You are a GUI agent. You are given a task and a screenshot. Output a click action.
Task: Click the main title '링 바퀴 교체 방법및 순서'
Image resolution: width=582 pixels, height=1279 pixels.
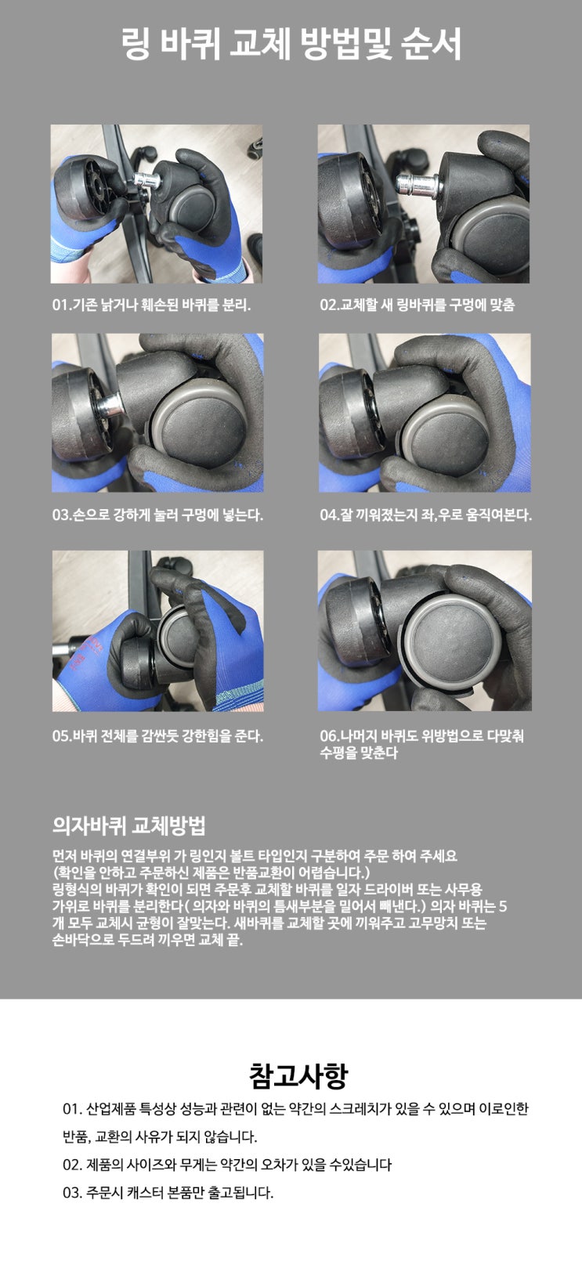point(291,45)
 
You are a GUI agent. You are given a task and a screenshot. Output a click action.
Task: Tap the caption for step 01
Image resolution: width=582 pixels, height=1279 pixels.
point(151,305)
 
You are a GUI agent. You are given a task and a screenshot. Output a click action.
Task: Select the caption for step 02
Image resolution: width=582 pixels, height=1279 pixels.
point(417,305)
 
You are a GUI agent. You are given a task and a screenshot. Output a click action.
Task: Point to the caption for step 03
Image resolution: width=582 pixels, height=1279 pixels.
point(157,515)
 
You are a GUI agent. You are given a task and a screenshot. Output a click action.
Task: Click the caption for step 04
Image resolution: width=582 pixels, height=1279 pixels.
point(425,515)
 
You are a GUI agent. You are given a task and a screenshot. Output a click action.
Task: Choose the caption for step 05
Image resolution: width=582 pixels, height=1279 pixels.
point(157,736)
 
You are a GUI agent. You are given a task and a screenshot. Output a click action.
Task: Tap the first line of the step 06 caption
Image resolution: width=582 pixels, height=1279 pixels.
point(421,736)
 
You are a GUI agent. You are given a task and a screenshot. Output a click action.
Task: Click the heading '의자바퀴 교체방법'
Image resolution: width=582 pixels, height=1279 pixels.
point(128,825)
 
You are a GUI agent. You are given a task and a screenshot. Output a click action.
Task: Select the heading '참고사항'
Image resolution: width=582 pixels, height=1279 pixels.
point(298,1076)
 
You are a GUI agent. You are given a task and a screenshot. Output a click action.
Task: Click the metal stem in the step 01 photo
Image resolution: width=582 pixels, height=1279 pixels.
point(147,180)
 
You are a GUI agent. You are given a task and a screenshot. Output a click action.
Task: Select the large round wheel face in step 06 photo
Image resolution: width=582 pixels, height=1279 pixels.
point(453,644)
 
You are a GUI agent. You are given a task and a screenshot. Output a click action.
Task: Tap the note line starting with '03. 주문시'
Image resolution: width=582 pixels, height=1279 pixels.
point(168,1193)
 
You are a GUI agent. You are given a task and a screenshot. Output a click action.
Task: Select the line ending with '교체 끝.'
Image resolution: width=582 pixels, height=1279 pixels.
point(147,940)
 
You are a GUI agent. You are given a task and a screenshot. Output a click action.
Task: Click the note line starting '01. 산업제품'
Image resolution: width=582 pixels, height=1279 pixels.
point(296,1109)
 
